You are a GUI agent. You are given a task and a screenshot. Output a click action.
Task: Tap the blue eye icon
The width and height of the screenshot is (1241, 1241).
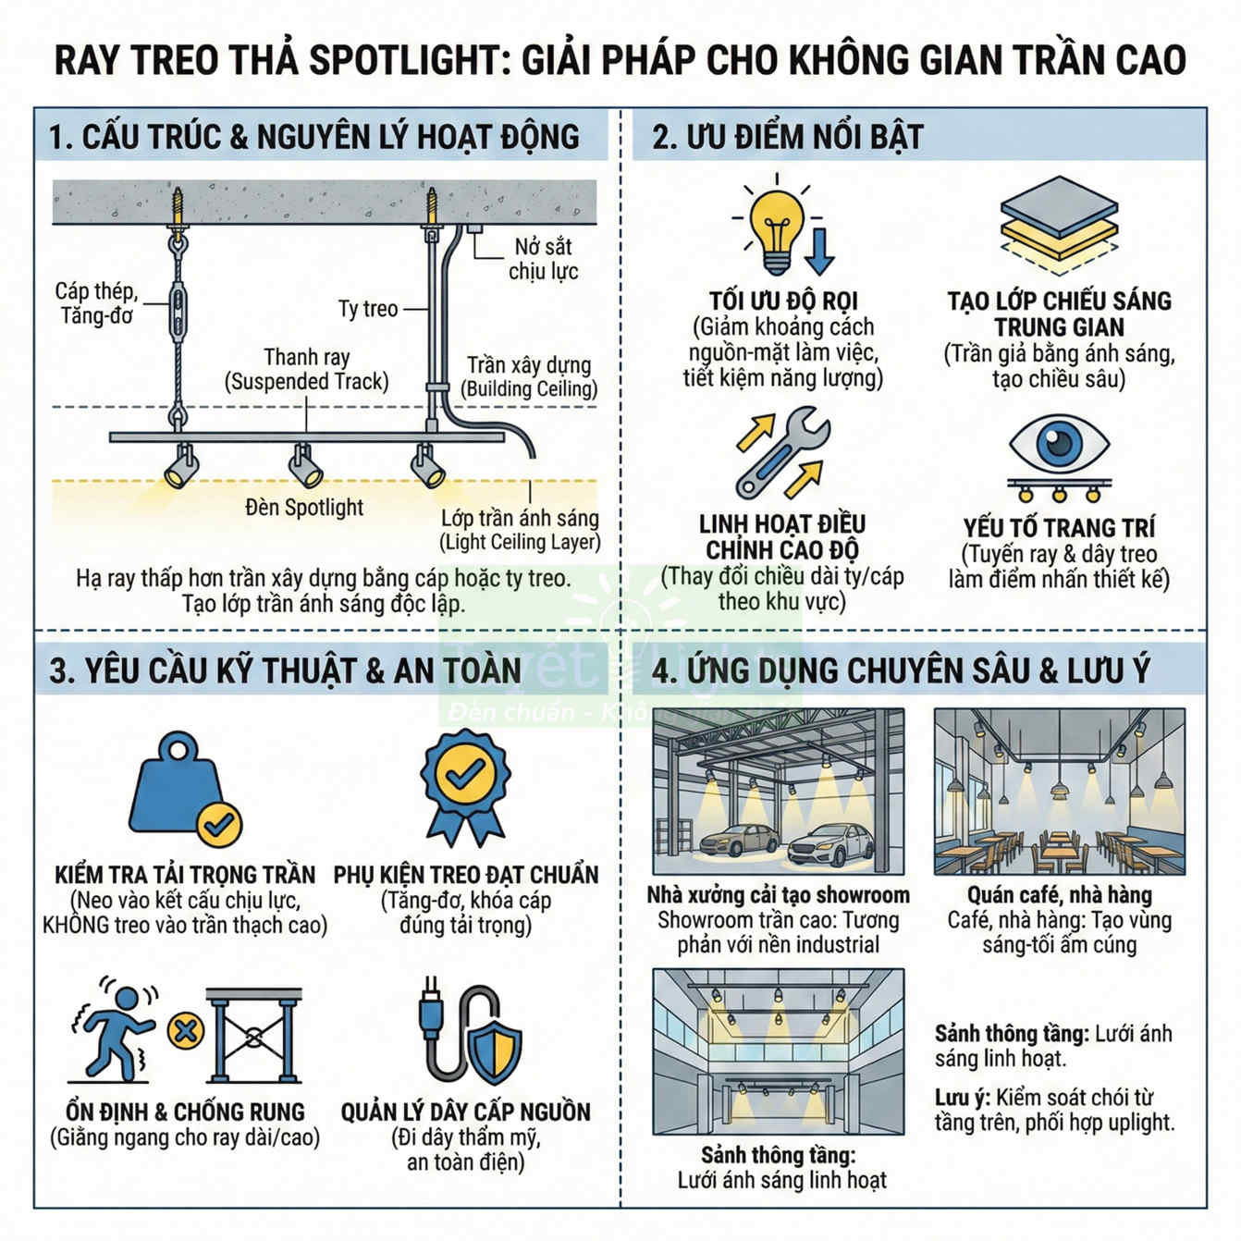pyautogui.click(x=1059, y=445)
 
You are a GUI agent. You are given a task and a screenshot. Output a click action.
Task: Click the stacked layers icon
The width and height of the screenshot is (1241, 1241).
pyautogui.click(x=1059, y=226)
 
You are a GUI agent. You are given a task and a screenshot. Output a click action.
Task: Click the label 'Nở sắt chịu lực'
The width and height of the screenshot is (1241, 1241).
pyautogui.click(x=543, y=259)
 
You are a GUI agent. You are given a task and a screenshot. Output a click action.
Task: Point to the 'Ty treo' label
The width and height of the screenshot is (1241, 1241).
pyautogui.click(x=367, y=309)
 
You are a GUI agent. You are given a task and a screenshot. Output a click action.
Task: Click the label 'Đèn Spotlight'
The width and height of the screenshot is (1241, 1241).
pyautogui.click(x=304, y=508)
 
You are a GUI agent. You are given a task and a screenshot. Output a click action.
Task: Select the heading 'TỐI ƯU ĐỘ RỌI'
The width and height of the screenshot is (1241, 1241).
pyautogui.click(x=783, y=301)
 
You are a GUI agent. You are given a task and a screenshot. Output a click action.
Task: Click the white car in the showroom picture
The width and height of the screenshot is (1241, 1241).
pyautogui.click(x=829, y=844)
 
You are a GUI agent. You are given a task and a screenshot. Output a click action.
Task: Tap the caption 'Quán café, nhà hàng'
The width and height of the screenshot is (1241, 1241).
pyautogui.click(x=1059, y=895)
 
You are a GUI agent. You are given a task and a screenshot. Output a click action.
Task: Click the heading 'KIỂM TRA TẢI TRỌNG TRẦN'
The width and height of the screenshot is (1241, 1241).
pyautogui.click(x=185, y=875)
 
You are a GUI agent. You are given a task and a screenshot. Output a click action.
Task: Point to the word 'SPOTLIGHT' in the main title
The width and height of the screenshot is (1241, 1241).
pyautogui.click(x=404, y=60)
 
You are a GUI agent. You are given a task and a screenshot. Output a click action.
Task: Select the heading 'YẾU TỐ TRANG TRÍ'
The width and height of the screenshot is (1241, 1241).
pyautogui.click(x=1059, y=528)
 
